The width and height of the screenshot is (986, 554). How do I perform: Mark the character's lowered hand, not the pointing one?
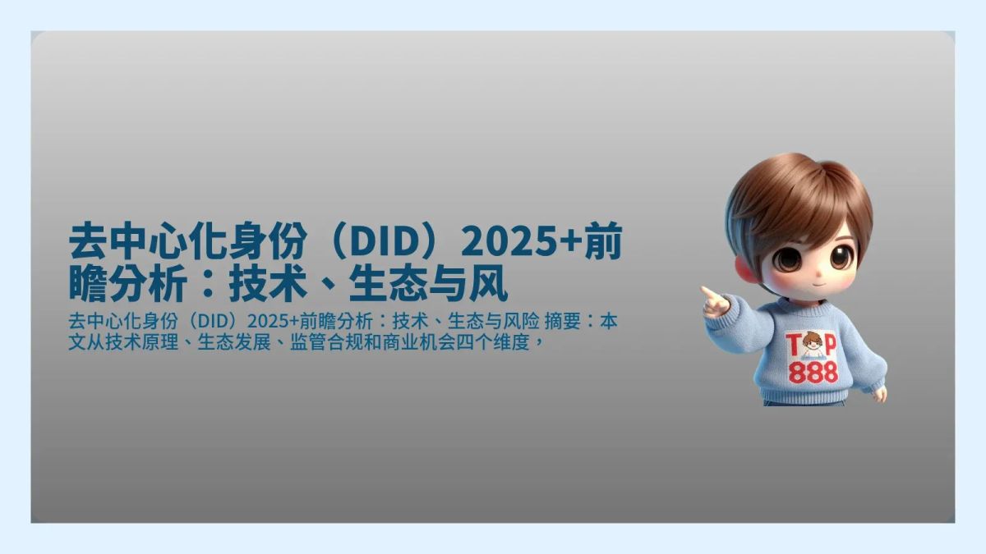click(x=880, y=395)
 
